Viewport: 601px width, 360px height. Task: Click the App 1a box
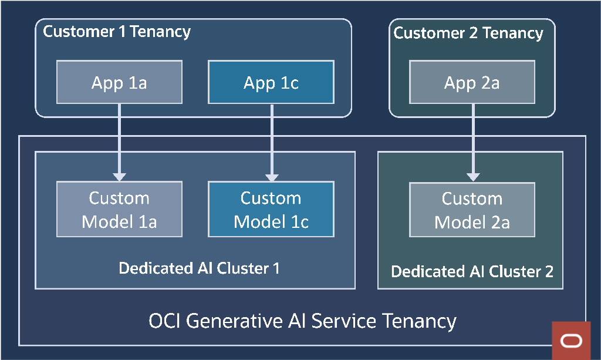coord(119,82)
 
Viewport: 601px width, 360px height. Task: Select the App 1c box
coord(271,82)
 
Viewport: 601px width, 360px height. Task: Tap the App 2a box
coord(472,82)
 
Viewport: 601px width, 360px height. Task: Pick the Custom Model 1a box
coord(119,209)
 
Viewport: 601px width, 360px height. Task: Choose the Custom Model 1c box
coord(271,209)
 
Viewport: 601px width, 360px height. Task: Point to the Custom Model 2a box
coord(472,210)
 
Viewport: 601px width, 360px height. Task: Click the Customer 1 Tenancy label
coord(117,32)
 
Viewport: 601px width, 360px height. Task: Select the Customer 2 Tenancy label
coord(468,33)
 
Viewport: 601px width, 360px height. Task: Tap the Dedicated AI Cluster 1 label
coord(199,268)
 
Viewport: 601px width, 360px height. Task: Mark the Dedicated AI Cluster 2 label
coord(472,271)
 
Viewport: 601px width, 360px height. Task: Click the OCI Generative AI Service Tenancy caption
coord(302,321)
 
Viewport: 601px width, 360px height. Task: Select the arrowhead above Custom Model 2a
coord(473,176)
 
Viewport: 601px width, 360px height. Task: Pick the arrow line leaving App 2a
coord(473,138)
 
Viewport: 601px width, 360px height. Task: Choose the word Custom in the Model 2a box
coord(472,198)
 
